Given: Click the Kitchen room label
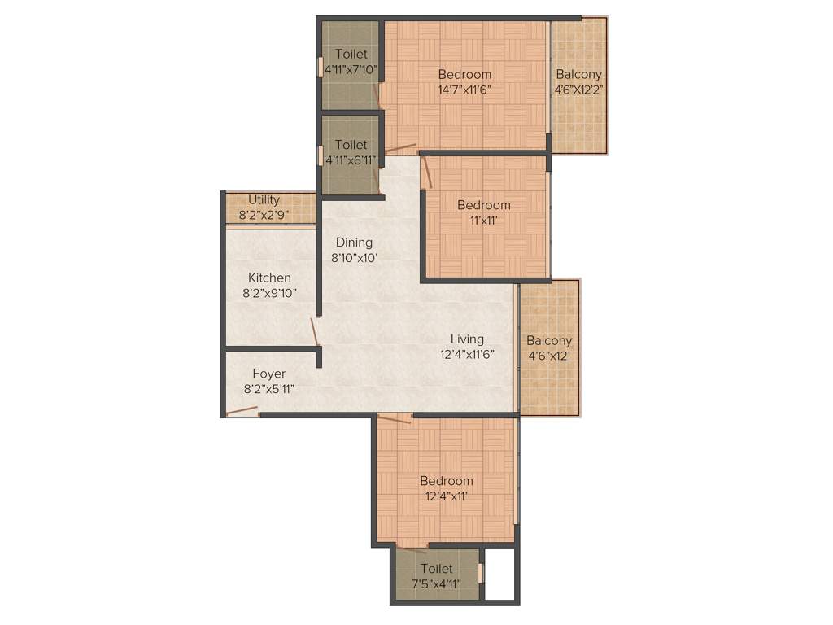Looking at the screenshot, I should (269, 278).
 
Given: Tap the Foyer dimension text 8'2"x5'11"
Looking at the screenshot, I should (268, 389).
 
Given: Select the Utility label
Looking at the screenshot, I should (264, 199).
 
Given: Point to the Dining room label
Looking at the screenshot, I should (354, 242).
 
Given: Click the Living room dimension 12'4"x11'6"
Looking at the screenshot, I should (468, 354).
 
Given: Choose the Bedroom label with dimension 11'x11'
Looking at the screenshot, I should (483, 205).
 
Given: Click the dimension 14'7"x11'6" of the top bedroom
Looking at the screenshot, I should (464, 90).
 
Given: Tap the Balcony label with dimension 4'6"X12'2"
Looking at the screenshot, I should (578, 74).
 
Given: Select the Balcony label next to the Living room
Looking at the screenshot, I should (549, 340).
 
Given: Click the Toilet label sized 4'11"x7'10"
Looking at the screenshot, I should (351, 55).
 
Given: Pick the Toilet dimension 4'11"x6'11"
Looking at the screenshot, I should (351, 160).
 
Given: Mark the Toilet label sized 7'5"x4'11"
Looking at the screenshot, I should (437, 569).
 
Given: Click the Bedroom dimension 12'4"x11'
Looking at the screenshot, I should (446, 496).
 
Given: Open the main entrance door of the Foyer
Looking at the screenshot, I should (242, 412).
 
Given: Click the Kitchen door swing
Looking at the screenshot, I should (313, 331).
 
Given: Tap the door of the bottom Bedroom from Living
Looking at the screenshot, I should (395, 418).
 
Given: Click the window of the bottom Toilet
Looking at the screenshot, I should (481, 574).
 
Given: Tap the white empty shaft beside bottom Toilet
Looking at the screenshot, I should (500, 574).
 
